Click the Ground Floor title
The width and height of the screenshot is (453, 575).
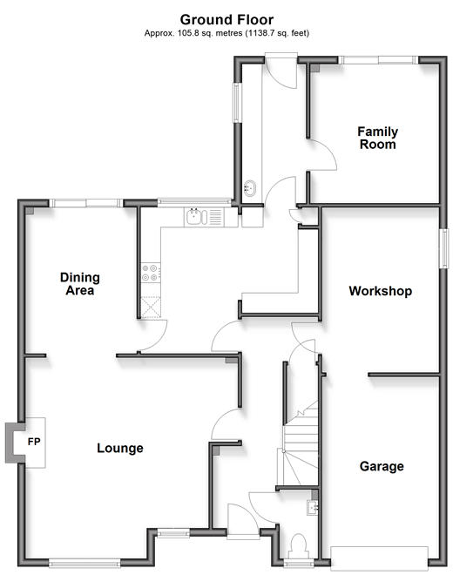click(x=226, y=19)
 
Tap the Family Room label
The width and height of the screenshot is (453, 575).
click(x=378, y=138)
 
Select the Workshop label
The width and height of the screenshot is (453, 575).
click(x=381, y=291)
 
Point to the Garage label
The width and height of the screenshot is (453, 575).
click(x=382, y=466)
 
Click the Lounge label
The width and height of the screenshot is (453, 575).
click(x=120, y=448)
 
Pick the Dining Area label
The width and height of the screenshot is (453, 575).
click(x=80, y=284)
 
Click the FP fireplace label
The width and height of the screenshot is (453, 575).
click(x=34, y=442)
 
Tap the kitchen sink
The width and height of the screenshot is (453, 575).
click(x=196, y=217)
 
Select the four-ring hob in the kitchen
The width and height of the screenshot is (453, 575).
click(x=151, y=274)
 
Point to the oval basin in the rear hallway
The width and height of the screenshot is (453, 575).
click(x=250, y=188)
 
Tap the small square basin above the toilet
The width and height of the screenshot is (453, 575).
click(x=313, y=508)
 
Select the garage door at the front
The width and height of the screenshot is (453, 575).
click(x=379, y=558)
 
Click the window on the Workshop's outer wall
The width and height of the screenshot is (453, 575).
click(x=444, y=248)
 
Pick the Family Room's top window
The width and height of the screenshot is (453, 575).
click(x=378, y=60)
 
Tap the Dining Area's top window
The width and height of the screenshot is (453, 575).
click(x=86, y=203)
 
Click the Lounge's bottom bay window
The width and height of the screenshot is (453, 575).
click(x=85, y=563)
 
